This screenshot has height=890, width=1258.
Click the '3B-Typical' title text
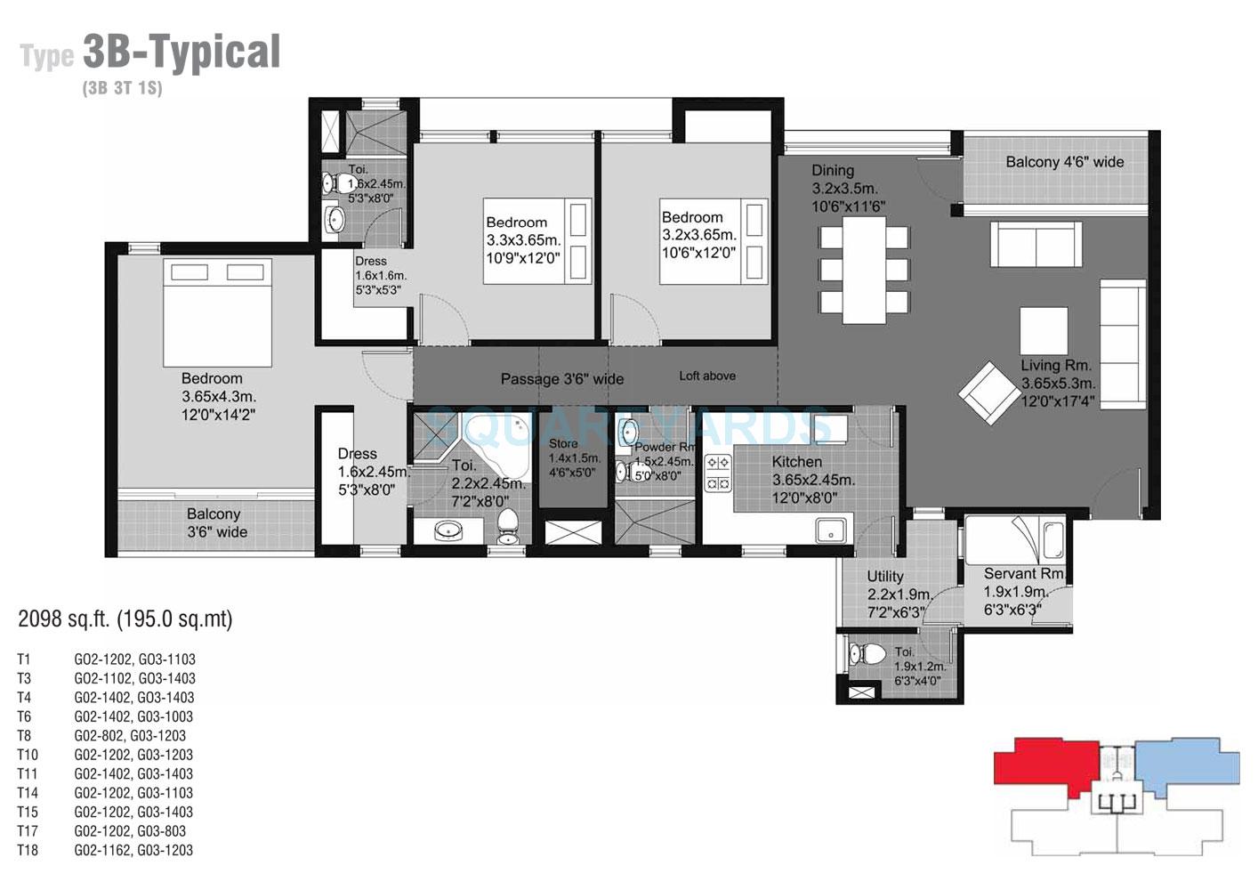tap(181, 53)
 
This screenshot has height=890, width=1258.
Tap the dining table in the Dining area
tap(864, 270)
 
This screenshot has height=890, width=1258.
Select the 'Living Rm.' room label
tap(1055, 365)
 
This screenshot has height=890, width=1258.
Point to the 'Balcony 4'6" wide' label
tap(1064, 162)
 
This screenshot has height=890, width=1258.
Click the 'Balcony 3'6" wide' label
tap(216, 523)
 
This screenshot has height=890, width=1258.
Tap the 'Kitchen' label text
tap(796, 462)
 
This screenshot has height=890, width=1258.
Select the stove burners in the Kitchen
tap(718, 473)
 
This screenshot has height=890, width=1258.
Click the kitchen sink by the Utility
tap(833, 530)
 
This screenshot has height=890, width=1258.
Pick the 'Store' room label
tap(563, 443)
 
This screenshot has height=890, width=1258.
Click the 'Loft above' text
tap(707, 376)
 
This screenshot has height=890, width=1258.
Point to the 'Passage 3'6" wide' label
tap(561, 379)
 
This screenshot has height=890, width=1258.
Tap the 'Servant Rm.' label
tap(1024, 574)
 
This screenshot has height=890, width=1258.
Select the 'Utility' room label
tap(884, 577)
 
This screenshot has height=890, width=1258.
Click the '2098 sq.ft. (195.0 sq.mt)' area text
tap(125, 619)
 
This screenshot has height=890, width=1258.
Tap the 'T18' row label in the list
tap(28, 850)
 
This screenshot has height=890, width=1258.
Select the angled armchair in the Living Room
tap(988, 391)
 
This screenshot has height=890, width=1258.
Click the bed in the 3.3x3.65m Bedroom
tap(537, 240)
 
